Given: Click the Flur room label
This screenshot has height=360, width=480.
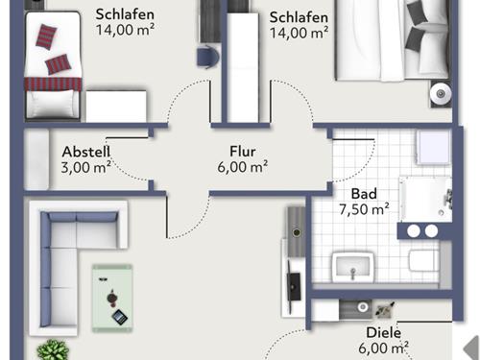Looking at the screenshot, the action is pyautogui.click(x=243, y=152).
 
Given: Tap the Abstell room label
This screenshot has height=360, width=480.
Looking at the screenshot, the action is pyautogui.click(x=86, y=152).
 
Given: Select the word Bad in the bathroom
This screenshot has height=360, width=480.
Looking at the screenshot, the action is pyautogui.click(x=364, y=194).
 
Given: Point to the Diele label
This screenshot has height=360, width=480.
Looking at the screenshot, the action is pyautogui.click(x=383, y=333).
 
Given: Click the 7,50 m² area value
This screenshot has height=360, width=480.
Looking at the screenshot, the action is pyautogui.click(x=364, y=209).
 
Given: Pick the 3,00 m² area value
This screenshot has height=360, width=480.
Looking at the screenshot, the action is pyautogui.click(x=86, y=167).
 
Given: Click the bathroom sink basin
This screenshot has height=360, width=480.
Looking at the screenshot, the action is pyautogui.click(x=353, y=268).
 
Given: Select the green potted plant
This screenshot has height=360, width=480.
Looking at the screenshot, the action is pyautogui.click(x=53, y=349).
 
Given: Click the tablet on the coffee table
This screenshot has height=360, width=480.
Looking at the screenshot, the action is pyautogui.click(x=120, y=317).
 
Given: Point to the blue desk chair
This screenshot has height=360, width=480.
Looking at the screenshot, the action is pyautogui.click(x=207, y=57).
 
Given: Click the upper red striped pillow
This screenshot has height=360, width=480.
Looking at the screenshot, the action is pyautogui.click(x=46, y=36).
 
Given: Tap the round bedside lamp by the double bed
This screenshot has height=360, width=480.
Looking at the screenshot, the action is pyautogui.click(x=441, y=94).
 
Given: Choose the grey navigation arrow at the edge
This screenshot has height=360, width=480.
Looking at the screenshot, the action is pyautogui.click(x=471, y=348).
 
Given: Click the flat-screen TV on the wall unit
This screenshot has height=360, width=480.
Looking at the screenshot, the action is pyautogui.click(x=294, y=286).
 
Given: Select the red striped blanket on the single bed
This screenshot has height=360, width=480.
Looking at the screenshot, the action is pyautogui.click(x=53, y=84).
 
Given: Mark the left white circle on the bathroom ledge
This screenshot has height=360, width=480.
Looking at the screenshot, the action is pyautogui.click(x=414, y=230).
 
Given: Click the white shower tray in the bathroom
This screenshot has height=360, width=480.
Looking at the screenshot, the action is pyautogui.click(x=425, y=199).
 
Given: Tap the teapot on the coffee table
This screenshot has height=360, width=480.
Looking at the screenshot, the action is pyautogui.click(x=111, y=297).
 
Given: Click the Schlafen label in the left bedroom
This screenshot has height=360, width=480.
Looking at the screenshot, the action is pyautogui.click(x=125, y=14).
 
